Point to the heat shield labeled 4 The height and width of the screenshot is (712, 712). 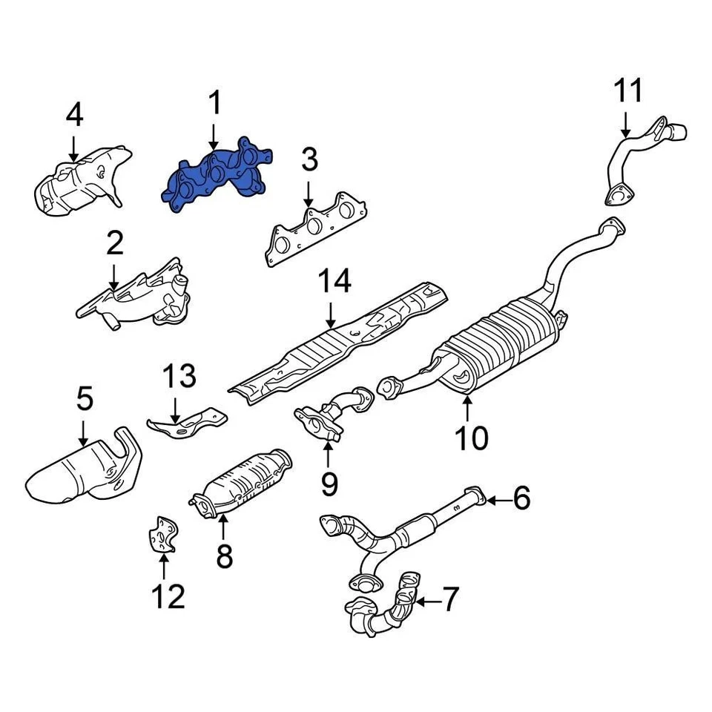point(82,182)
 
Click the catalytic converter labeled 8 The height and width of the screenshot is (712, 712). point(241,482)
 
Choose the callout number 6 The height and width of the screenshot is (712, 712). point(521,499)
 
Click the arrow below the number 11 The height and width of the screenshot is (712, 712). point(625,123)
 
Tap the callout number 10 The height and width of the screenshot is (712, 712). point(472,438)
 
